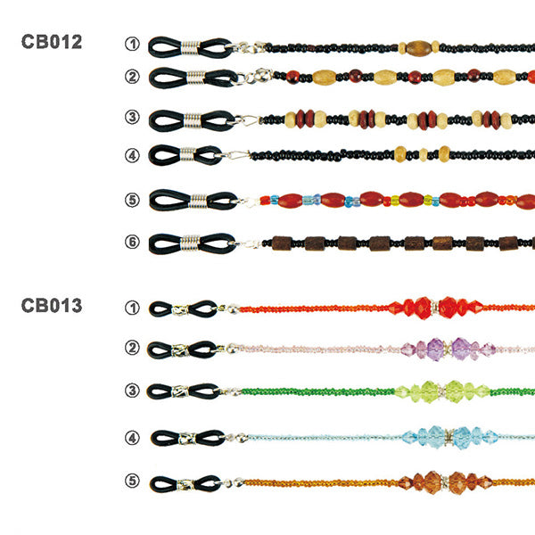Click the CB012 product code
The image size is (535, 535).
pyautogui.click(x=52, y=42)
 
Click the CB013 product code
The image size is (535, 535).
pyautogui.click(x=52, y=305)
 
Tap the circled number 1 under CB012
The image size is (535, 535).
pyautogui.click(x=132, y=44)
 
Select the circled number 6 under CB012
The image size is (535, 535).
pyautogui.click(x=132, y=242)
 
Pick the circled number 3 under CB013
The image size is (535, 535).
pyautogui.click(x=132, y=391)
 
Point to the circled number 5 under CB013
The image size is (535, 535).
pyautogui.click(x=132, y=481)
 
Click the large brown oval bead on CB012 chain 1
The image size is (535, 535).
pyautogui.click(x=419, y=48)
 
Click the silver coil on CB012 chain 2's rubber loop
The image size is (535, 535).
pyautogui.click(x=196, y=78)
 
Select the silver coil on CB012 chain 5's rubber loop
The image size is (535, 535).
pyautogui.click(x=198, y=201)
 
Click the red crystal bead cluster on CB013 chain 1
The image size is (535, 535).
pyautogui.click(x=436, y=308)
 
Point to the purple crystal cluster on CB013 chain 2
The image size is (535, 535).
pyautogui.click(x=449, y=349)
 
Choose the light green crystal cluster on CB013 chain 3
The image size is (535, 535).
pyautogui.click(x=443, y=391)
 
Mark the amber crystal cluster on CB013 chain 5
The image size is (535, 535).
pyautogui.click(x=446, y=482)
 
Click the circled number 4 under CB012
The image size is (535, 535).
pyautogui.click(x=132, y=155)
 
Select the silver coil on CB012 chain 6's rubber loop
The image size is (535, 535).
pyautogui.click(x=190, y=243)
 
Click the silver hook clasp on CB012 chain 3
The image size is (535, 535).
pyautogui.click(x=246, y=120)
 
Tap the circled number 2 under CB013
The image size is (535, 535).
pyautogui.click(x=132, y=348)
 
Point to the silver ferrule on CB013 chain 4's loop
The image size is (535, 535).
pyautogui.click(x=187, y=438)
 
